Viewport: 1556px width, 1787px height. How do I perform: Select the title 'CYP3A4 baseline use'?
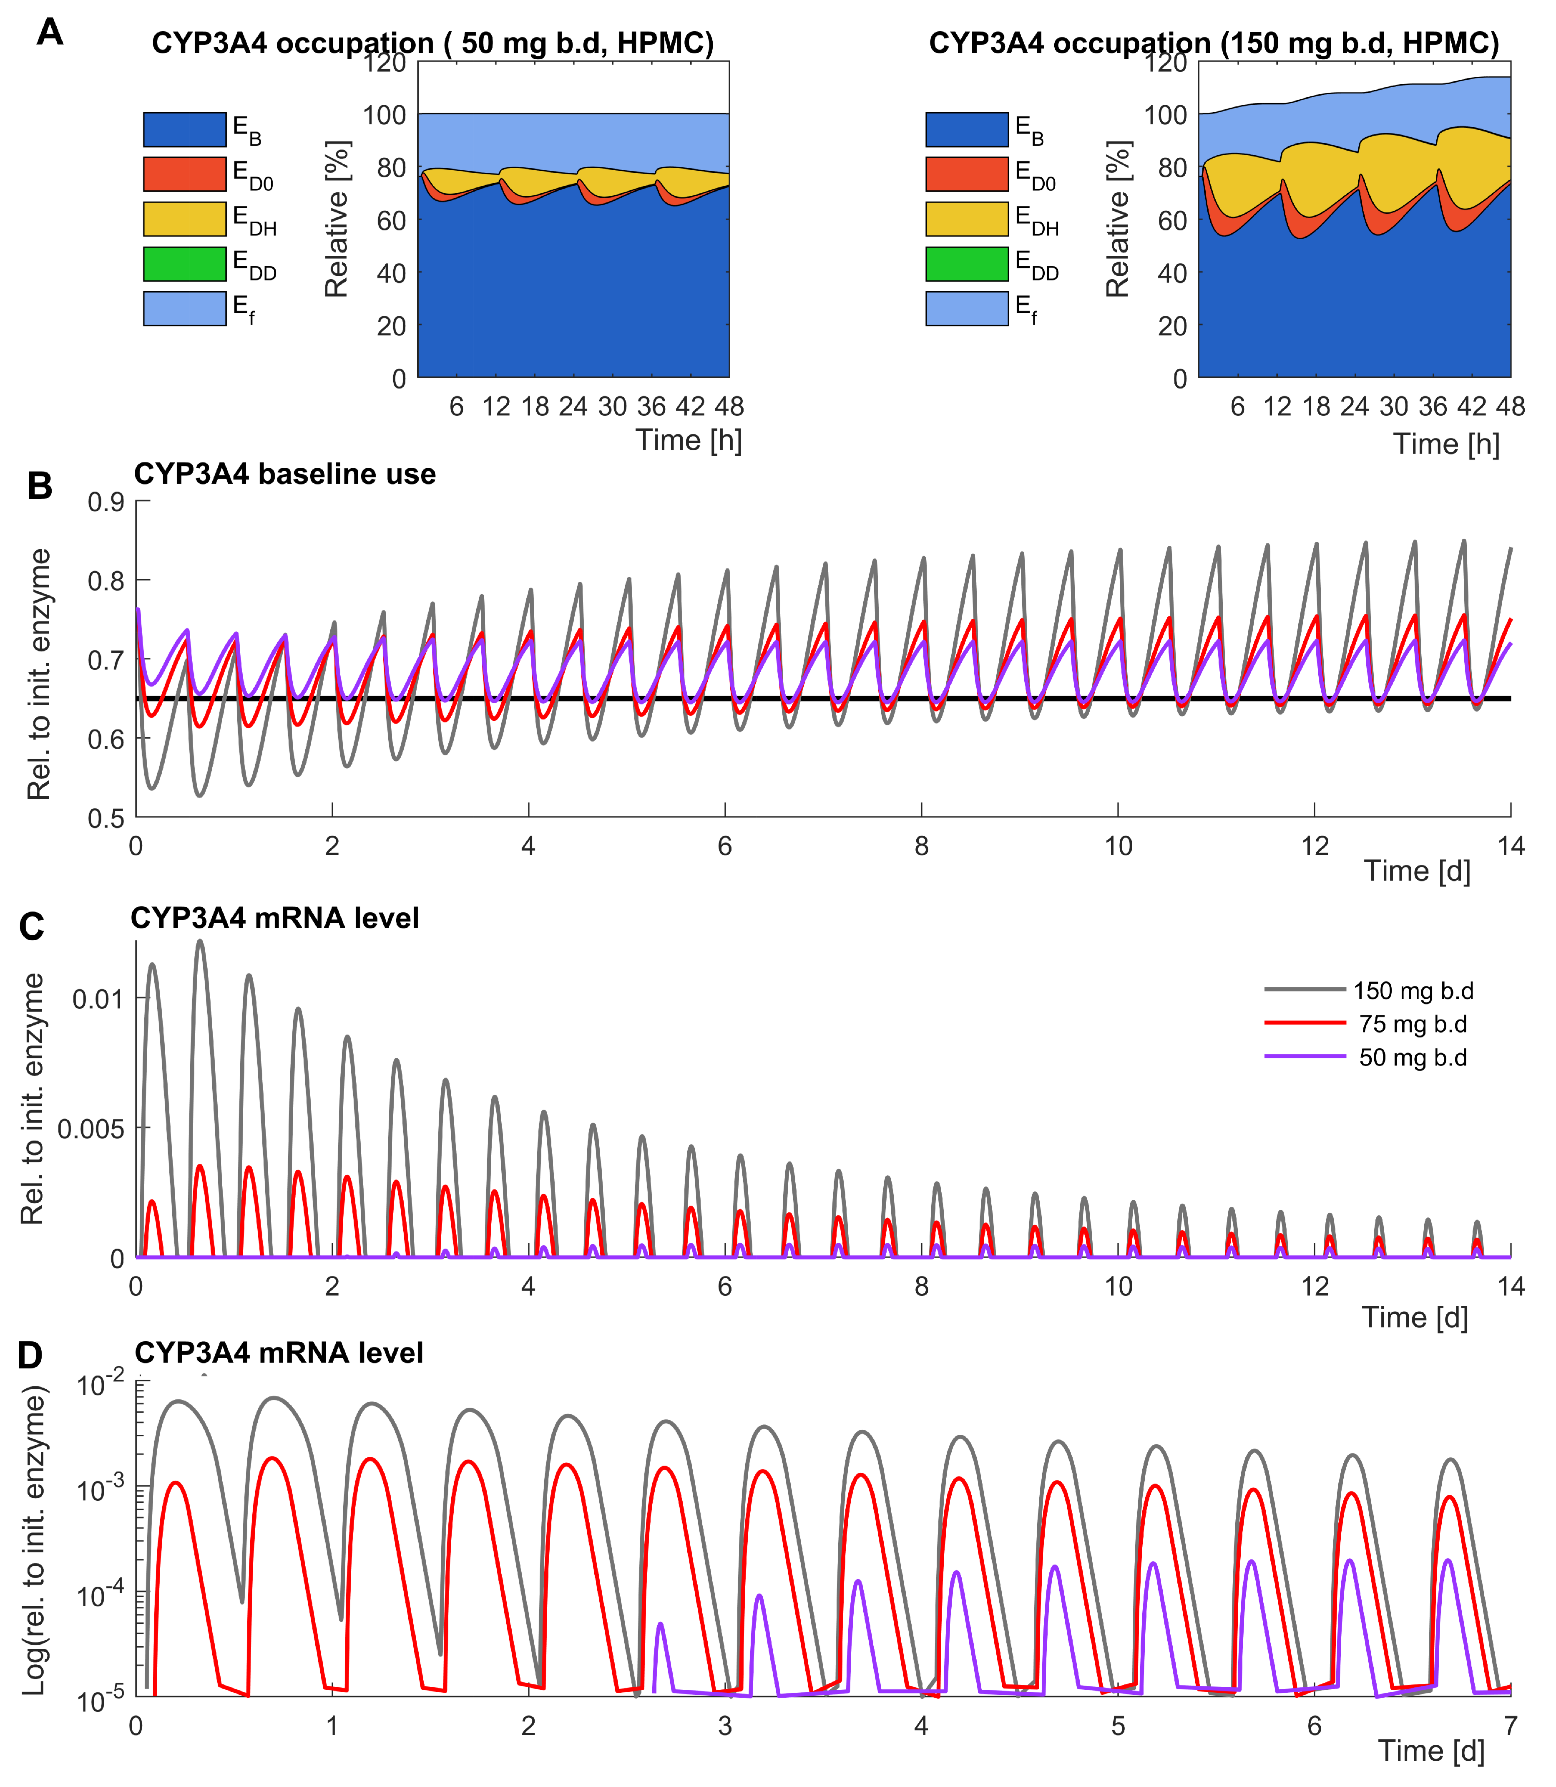(x=285, y=475)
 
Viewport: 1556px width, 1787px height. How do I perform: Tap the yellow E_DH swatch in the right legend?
(x=966, y=219)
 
